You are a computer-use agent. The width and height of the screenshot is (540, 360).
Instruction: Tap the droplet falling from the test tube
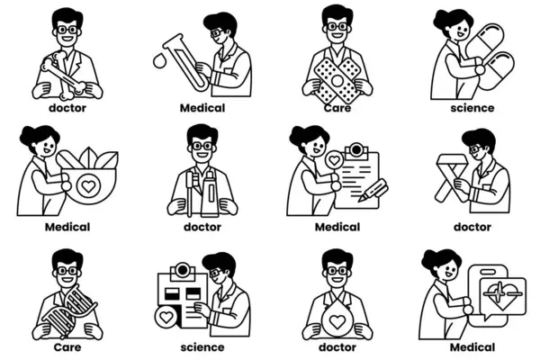point(159,60)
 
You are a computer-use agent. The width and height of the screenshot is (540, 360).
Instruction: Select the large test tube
point(186,63)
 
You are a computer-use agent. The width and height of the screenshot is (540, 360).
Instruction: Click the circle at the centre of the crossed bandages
point(337,81)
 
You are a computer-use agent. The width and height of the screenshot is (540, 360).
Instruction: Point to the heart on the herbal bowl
point(88,186)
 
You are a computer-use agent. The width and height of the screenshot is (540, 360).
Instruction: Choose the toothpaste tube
point(210,194)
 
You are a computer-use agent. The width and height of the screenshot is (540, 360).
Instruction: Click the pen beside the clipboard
point(373,190)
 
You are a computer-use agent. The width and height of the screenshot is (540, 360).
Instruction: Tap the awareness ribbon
point(451,177)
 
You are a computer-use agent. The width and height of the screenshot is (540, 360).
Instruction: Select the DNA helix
point(69,310)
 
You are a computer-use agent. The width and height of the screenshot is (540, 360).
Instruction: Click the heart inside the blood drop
point(337,322)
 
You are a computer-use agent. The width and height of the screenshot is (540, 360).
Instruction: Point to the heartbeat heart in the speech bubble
point(503,294)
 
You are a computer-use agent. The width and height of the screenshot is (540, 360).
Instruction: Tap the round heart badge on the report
point(166,318)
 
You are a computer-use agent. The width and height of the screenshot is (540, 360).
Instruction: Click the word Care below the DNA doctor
point(67,346)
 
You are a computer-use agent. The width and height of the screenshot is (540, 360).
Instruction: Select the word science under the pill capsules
point(472,108)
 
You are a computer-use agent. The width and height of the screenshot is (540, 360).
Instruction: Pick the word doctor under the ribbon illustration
point(472,227)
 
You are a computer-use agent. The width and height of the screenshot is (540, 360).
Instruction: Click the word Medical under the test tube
point(202,108)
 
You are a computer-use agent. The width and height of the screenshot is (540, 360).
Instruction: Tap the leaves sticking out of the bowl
point(98,158)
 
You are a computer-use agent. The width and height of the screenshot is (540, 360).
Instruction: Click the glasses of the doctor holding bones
point(67,30)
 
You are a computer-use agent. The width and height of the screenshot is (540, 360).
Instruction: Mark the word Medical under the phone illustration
point(472,346)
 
